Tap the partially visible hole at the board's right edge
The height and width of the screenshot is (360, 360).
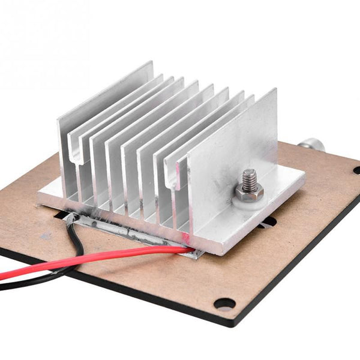356,170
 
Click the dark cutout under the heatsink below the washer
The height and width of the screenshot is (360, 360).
267,222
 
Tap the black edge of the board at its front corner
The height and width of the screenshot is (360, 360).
228,323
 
